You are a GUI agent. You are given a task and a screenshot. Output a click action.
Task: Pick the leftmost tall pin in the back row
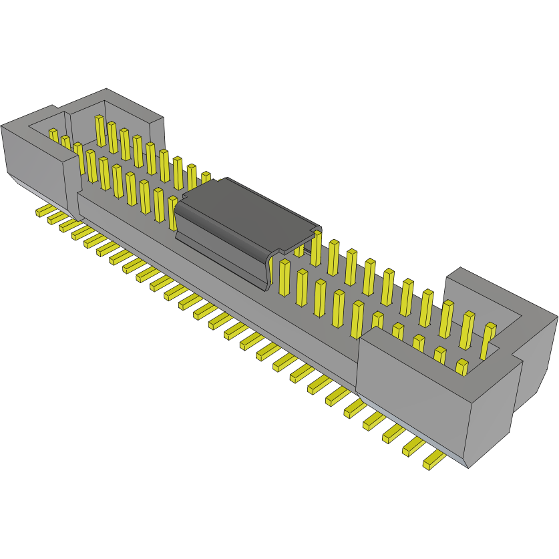tap(100, 130)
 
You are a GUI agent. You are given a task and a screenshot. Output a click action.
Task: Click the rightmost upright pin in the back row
tap(490, 337)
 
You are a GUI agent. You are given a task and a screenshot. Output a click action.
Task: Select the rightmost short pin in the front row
tap(461, 366)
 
